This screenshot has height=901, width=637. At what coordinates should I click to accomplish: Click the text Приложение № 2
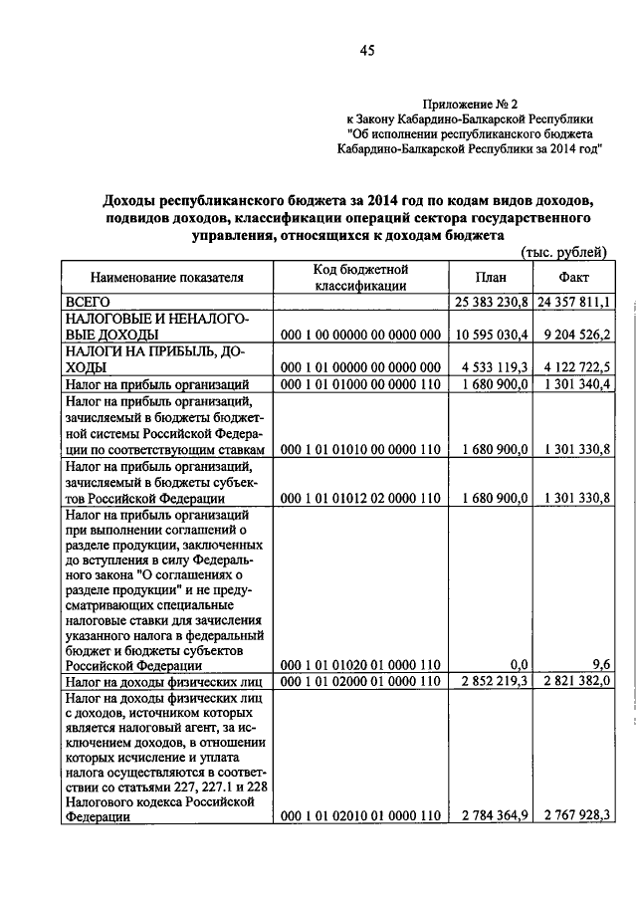point(471,103)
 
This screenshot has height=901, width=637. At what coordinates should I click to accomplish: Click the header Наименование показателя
point(167,277)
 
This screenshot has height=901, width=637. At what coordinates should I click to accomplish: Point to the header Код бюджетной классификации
point(359,277)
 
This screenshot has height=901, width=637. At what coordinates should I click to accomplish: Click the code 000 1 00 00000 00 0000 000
point(360,335)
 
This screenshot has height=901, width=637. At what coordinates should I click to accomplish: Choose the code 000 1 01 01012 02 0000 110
point(360,497)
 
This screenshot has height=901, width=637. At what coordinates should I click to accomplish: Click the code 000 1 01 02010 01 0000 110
point(360,815)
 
